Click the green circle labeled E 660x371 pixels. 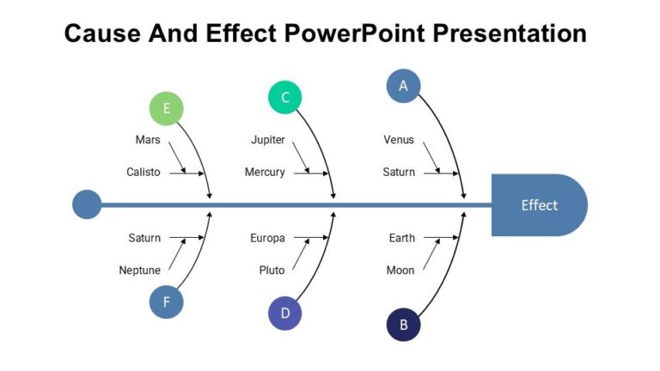pyautogui.click(x=167, y=109)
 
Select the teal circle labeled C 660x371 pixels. pyautogui.click(x=285, y=97)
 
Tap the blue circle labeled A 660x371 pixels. pyautogui.click(x=403, y=86)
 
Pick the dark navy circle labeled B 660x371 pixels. pyautogui.click(x=403, y=325)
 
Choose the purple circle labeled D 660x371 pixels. pyautogui.click(x=285, y=313)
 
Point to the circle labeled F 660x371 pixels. pyautogui.click(x=167, y=301)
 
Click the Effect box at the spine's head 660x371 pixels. pyautogui.click(x=539, y=205)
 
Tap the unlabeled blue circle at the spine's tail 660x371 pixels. pyautogui.click(x=87, y=205)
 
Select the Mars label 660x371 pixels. pyautogui.click(x=148, y=140)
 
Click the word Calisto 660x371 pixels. pyautogui.click(x=144, y=172)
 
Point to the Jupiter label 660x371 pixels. pyautogui.click(x=268, y=140)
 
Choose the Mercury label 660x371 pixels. pyautogui.click(x=265, y=172)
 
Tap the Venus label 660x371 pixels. pyautogui.click(x=399, y=140)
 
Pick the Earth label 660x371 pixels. pyautogui.click(x=401, y=238)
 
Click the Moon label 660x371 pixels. pyautogui.click(x=400, y=271)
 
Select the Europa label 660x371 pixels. pyautogui.click(x=267, y=238)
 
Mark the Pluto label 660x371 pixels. pyautogui.click(x=272, y=271)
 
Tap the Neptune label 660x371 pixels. pyautogui.click(x=140, y=271)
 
